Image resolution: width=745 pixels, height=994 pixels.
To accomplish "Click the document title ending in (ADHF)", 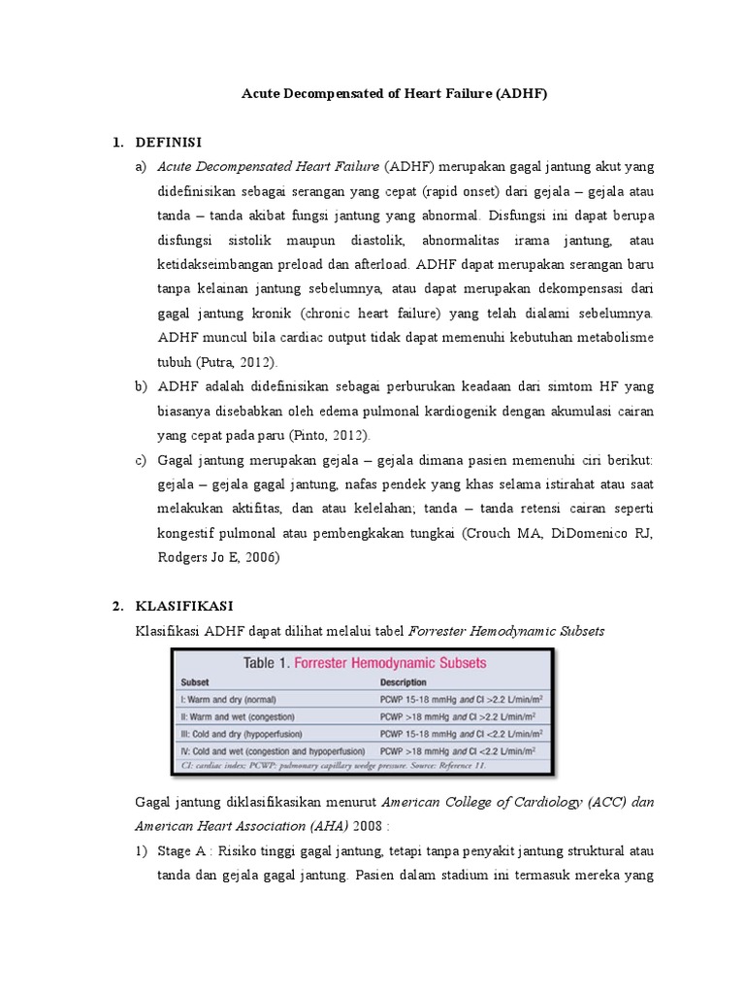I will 394,95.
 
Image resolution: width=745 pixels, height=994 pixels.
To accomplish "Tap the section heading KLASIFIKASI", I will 183,606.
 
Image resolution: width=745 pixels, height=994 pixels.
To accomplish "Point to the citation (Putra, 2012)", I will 238,362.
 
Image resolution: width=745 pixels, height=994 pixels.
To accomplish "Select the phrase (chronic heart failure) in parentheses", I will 372,314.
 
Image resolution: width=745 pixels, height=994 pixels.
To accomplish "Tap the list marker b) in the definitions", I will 141,386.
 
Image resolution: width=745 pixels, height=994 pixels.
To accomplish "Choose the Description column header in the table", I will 405,682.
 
